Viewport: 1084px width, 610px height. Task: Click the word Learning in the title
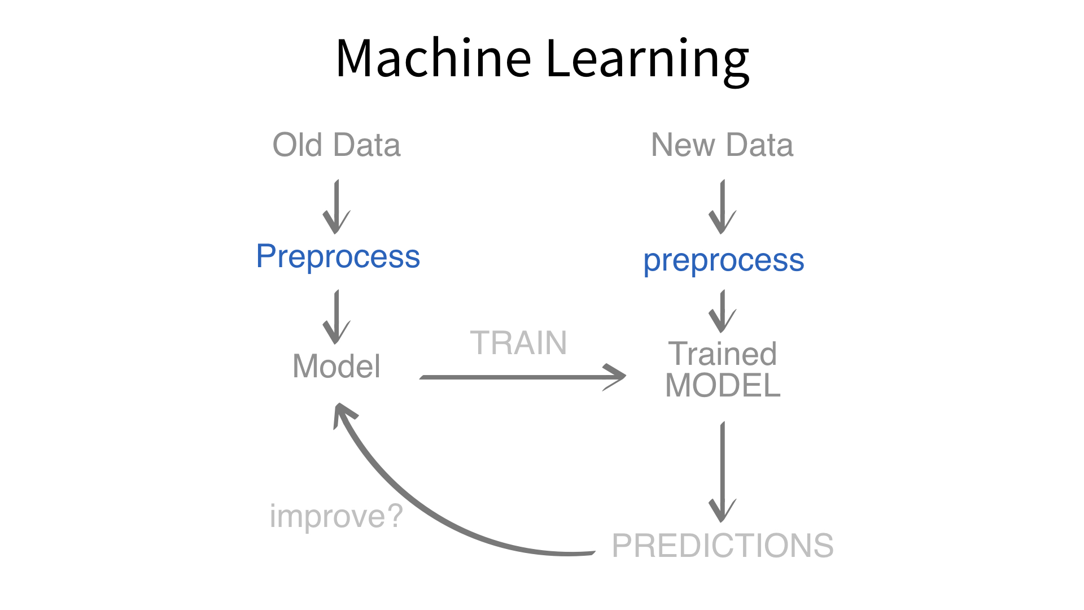coord(647,59)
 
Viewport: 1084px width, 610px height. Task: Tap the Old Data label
coord(336,145)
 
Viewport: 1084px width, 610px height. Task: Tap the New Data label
coord(722,145)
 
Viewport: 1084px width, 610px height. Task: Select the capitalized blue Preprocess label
coord(338,256)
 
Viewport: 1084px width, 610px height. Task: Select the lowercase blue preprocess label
coord(723,261)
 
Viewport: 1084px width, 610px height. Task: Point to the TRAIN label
coord(518,343)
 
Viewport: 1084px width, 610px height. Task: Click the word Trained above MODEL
coord(722,354)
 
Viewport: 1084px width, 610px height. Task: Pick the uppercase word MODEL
coord(723,386)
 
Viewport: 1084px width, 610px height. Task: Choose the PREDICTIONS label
coord(723,546)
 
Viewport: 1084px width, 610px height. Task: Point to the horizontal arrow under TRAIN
coord(522,377)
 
